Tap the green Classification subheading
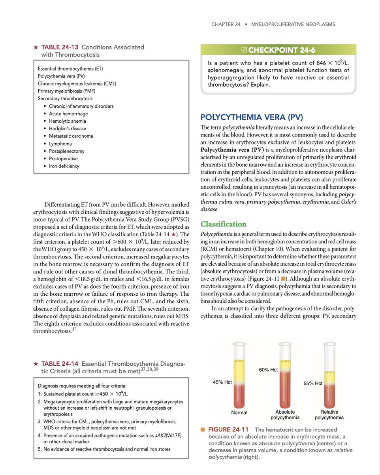click(223, 224)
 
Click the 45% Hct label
click(222, 382)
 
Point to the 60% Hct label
click(269, 369)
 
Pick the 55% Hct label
click(313, 384)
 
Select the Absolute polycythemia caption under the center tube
click(285, 414)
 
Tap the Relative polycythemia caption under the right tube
click(329, 414)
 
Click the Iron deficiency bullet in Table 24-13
click(64, 166)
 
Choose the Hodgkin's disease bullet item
click(67, 129)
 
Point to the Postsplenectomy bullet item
click(66, 151)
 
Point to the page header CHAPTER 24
click(226, 24)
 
